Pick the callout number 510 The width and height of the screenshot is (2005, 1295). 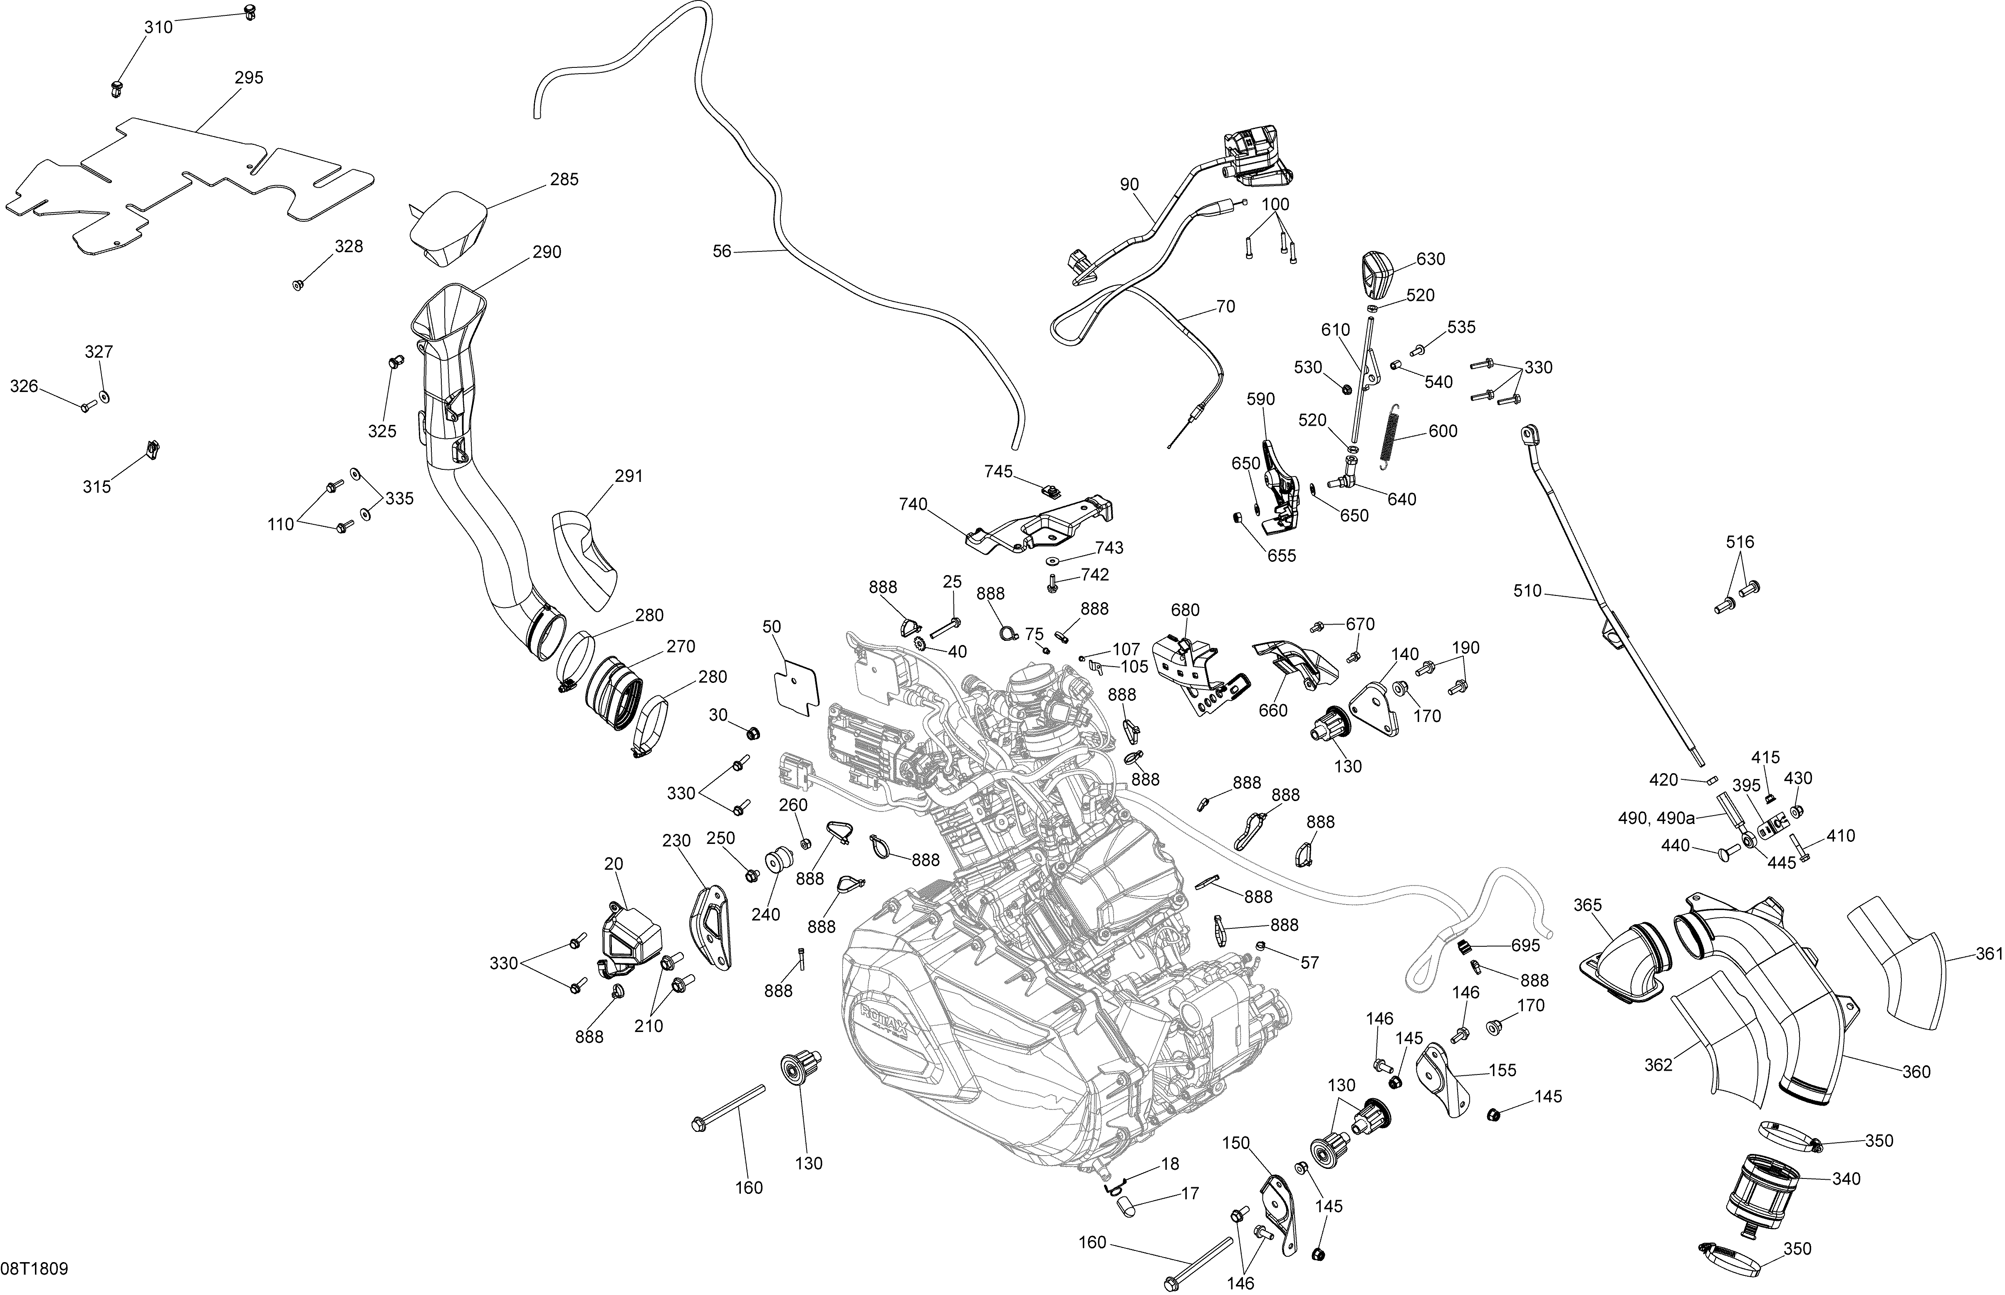coord(1527,591)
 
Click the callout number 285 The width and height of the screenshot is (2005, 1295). coord(564,179)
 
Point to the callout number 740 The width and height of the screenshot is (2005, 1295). coord(913,504)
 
